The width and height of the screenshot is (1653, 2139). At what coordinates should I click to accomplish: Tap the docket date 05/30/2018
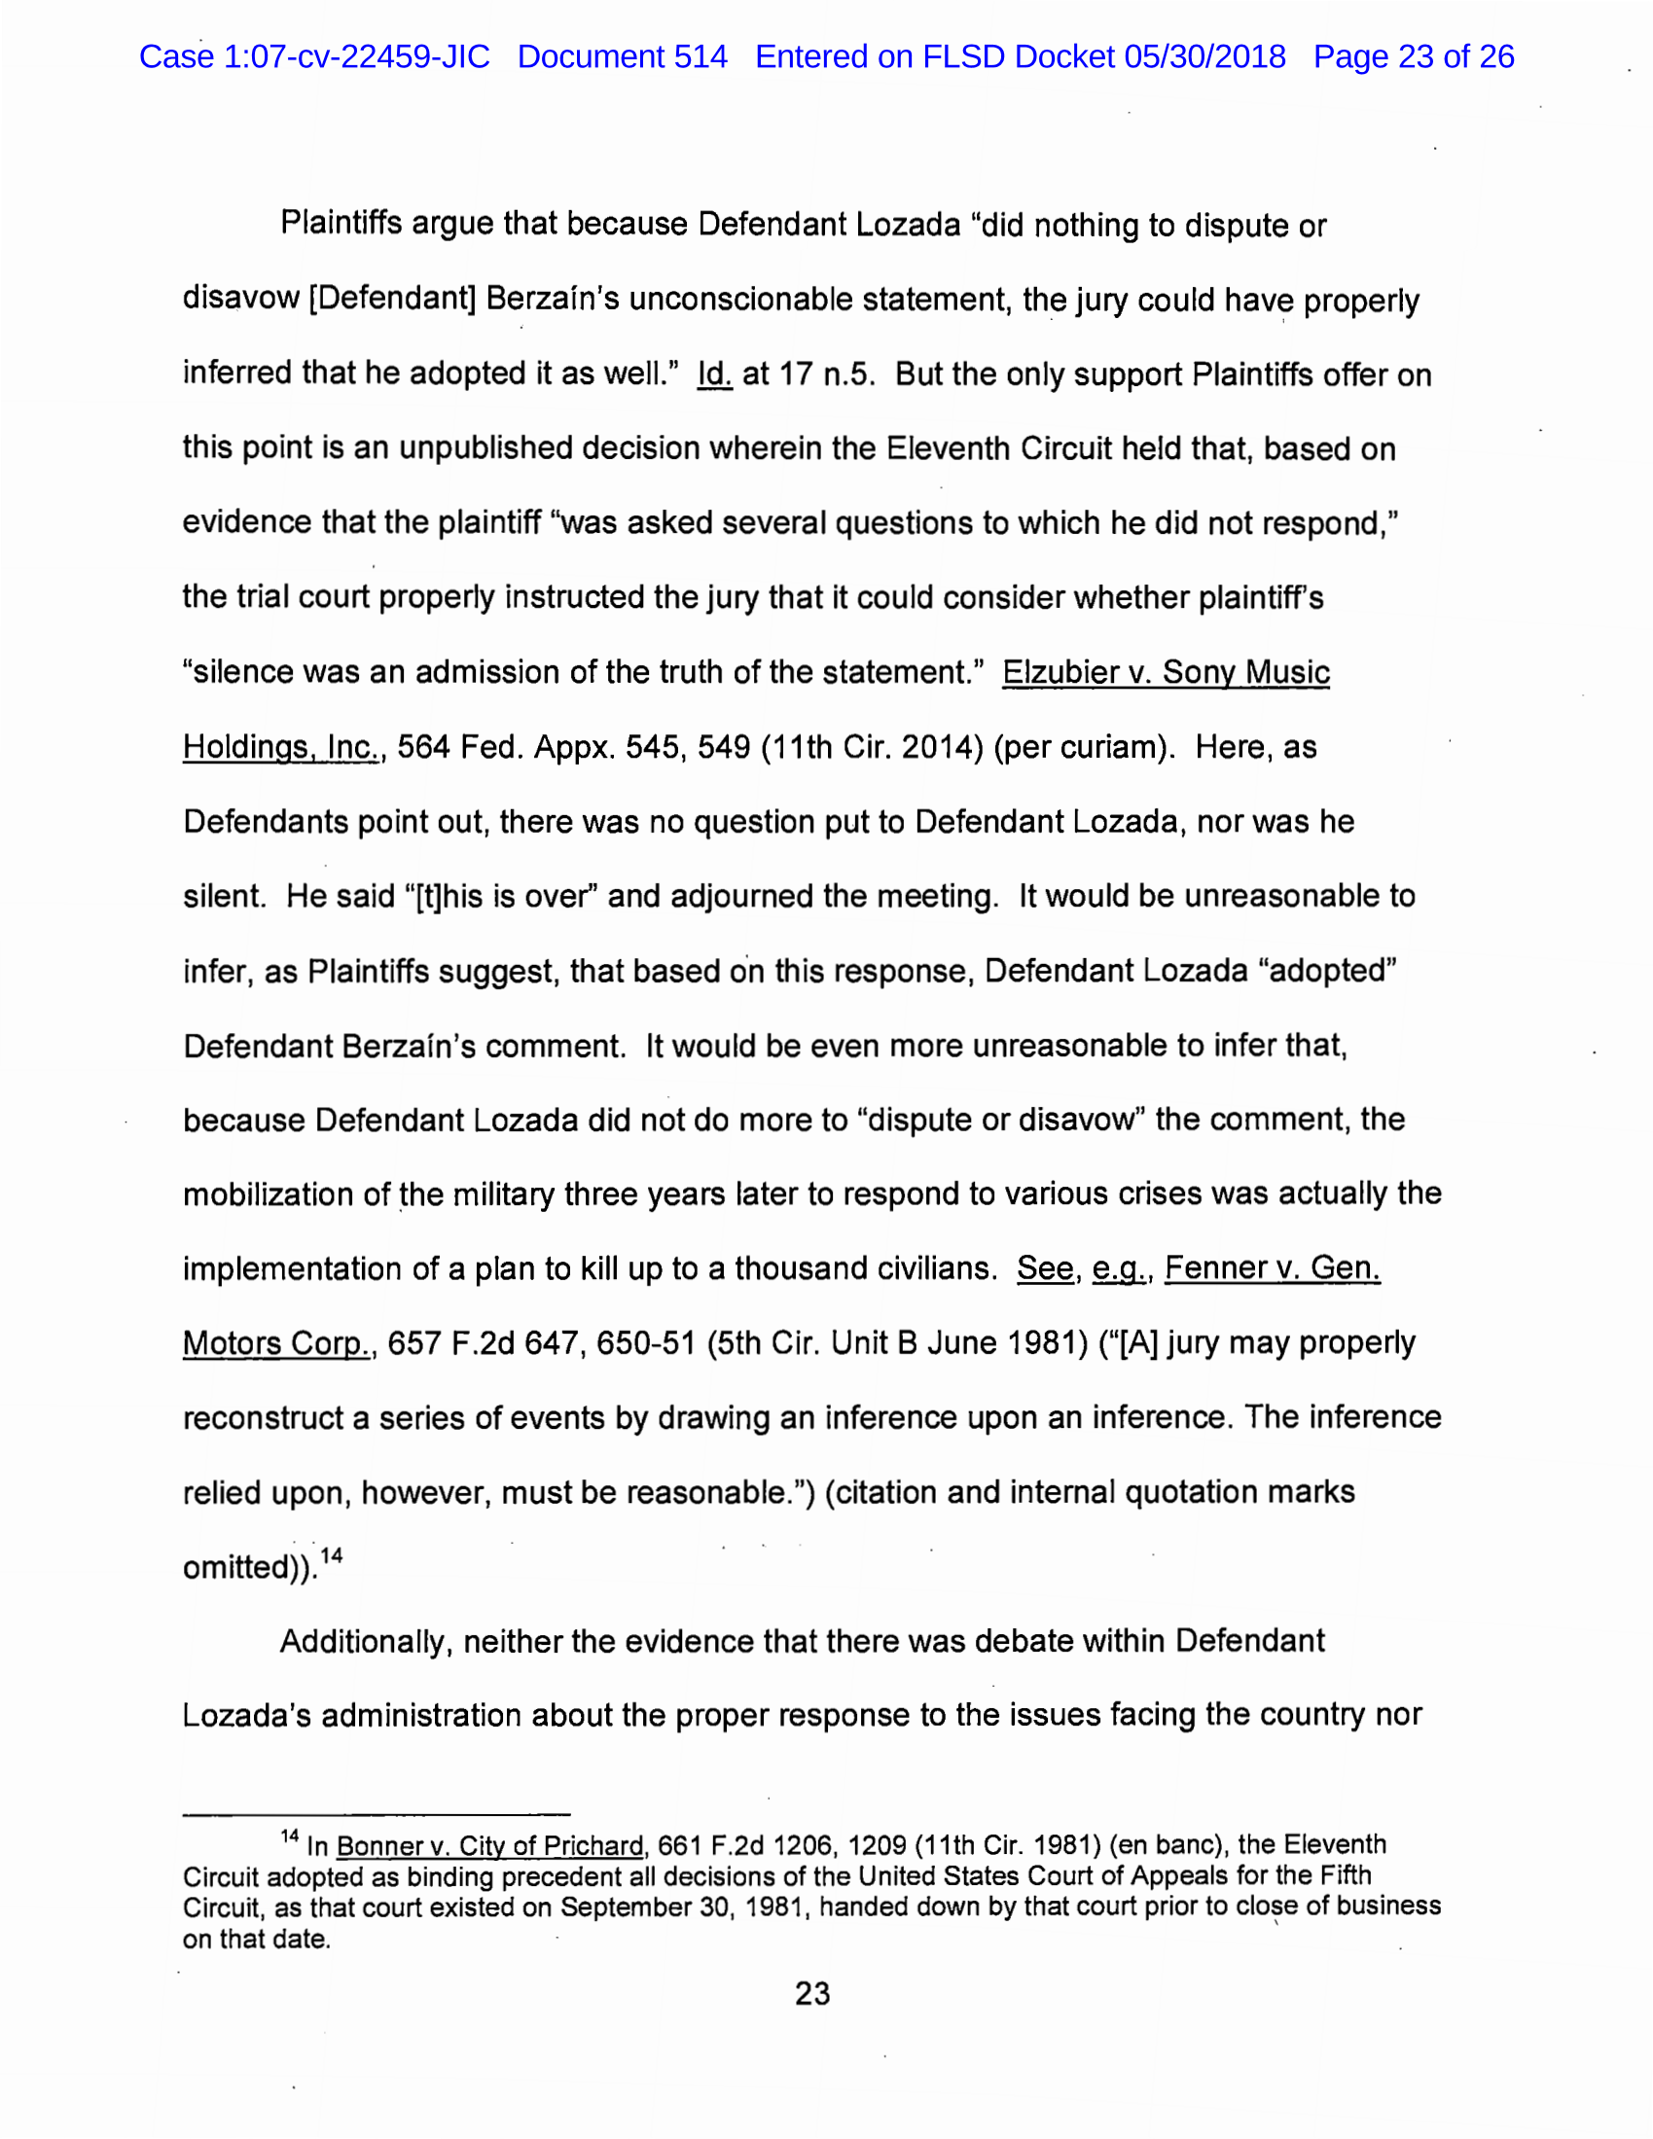(x=1204, y=56)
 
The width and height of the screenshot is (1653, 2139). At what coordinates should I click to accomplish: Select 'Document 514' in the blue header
(x=623, y=56)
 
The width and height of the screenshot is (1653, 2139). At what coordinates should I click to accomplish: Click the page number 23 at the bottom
(x=812, y=1993)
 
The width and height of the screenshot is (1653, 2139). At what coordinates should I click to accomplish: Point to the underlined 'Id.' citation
(x=714, y=374)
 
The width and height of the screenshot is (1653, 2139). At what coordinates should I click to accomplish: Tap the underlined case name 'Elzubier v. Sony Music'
(x=1165, y=673)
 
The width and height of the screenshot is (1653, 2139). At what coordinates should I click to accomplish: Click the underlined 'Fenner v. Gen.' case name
(x=1272, y=1269)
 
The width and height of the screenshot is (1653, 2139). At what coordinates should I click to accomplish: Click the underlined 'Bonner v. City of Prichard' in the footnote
(x=490, y=1847)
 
